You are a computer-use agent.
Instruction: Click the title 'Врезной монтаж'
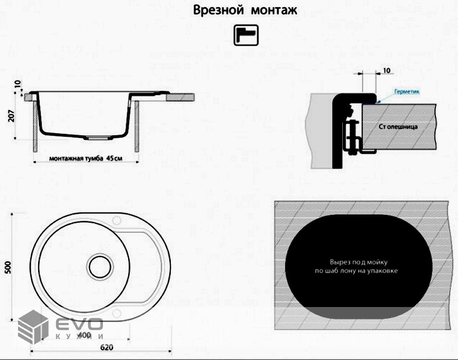click(245, 10)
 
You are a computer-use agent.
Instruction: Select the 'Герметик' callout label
click(407, 91)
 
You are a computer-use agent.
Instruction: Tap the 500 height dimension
click(8, 268)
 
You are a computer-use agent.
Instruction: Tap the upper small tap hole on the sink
click(116, 223)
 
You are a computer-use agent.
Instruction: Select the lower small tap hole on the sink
click(117, 312)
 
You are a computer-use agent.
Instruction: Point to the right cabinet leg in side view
click(137, 126)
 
